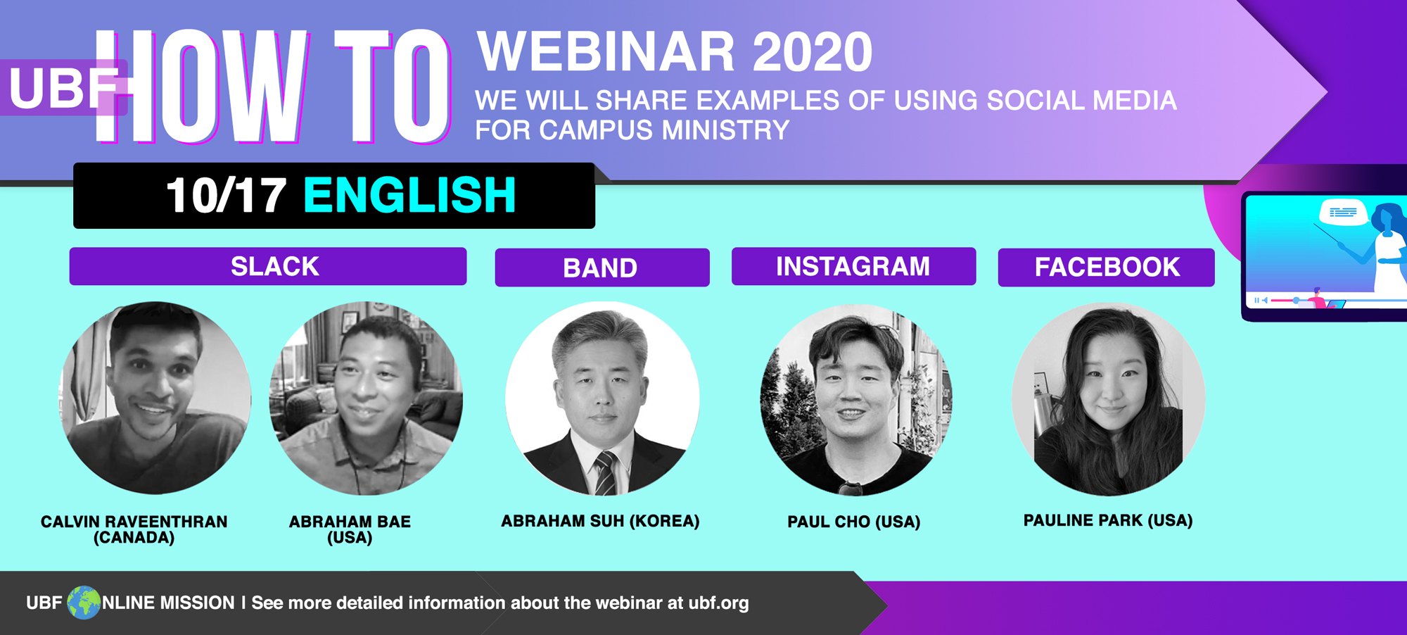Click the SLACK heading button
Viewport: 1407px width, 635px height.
[x=268, y=266]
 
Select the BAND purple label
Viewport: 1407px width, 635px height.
[x=602, y=268]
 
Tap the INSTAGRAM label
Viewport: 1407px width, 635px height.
[x=853, y=266]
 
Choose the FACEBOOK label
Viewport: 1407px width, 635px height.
[x=1107, y=267]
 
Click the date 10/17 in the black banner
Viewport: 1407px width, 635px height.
[x=226, y=195]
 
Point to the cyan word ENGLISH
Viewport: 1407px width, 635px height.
[x=410, y=195]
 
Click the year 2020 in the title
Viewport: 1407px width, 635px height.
[x=813, y=52]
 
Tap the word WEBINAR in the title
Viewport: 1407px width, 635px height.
[x=606, y=52]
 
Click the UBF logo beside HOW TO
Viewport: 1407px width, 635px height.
[x=63, y=88]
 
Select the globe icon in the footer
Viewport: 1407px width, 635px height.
[x=84, y=603]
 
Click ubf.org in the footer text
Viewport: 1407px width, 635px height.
[x=718, y=603]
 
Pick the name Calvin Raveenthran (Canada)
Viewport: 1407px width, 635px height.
[x=134, y=529]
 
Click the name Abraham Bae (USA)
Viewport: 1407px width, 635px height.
[x=350, y=529]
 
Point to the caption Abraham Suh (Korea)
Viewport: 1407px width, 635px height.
[x=600, y=521]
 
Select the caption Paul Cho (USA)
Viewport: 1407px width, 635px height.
[x=854, y=522]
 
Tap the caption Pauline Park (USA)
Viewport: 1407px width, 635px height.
[x=1108, y=520]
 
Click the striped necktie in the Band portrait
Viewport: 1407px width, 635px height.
[x=605, y=474]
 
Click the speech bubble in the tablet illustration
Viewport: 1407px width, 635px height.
[x=1343, y=212]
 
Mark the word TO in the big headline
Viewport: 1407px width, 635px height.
[x=392, y=86]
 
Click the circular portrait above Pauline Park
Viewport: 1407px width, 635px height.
[x=1108, y=399]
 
